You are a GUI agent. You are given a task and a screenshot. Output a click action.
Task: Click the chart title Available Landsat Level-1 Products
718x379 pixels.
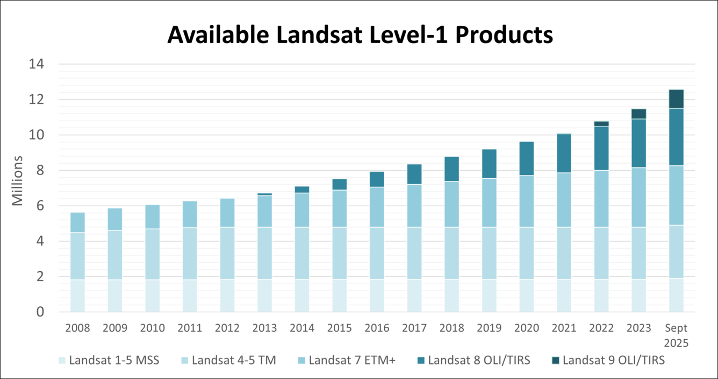pos(360,35)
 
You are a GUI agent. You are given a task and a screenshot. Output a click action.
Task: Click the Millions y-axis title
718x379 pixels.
pos(17,181)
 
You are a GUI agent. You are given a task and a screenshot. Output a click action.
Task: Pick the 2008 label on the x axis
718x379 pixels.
pos(78,328)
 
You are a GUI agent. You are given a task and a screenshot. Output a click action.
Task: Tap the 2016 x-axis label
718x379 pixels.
pos(377,328)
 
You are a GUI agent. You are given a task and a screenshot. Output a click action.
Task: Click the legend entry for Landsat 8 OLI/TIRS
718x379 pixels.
pos(478,361)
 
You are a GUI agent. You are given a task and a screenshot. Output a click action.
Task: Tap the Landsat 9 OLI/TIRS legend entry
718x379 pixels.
pos(613,361)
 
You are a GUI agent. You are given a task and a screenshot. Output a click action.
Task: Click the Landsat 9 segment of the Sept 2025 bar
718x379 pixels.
pos(676,99)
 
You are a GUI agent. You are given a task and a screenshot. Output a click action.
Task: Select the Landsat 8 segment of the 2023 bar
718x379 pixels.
pos(638,143)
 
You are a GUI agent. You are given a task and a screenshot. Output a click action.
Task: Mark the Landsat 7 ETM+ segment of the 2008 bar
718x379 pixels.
pos(78,222)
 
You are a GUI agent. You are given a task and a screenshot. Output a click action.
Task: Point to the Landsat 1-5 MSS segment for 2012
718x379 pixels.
pos(227,295)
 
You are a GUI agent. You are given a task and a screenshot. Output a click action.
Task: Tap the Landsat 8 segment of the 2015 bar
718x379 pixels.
pos(340,184)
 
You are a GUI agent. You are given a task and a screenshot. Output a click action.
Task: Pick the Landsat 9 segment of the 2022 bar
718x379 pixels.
pos(601,124)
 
